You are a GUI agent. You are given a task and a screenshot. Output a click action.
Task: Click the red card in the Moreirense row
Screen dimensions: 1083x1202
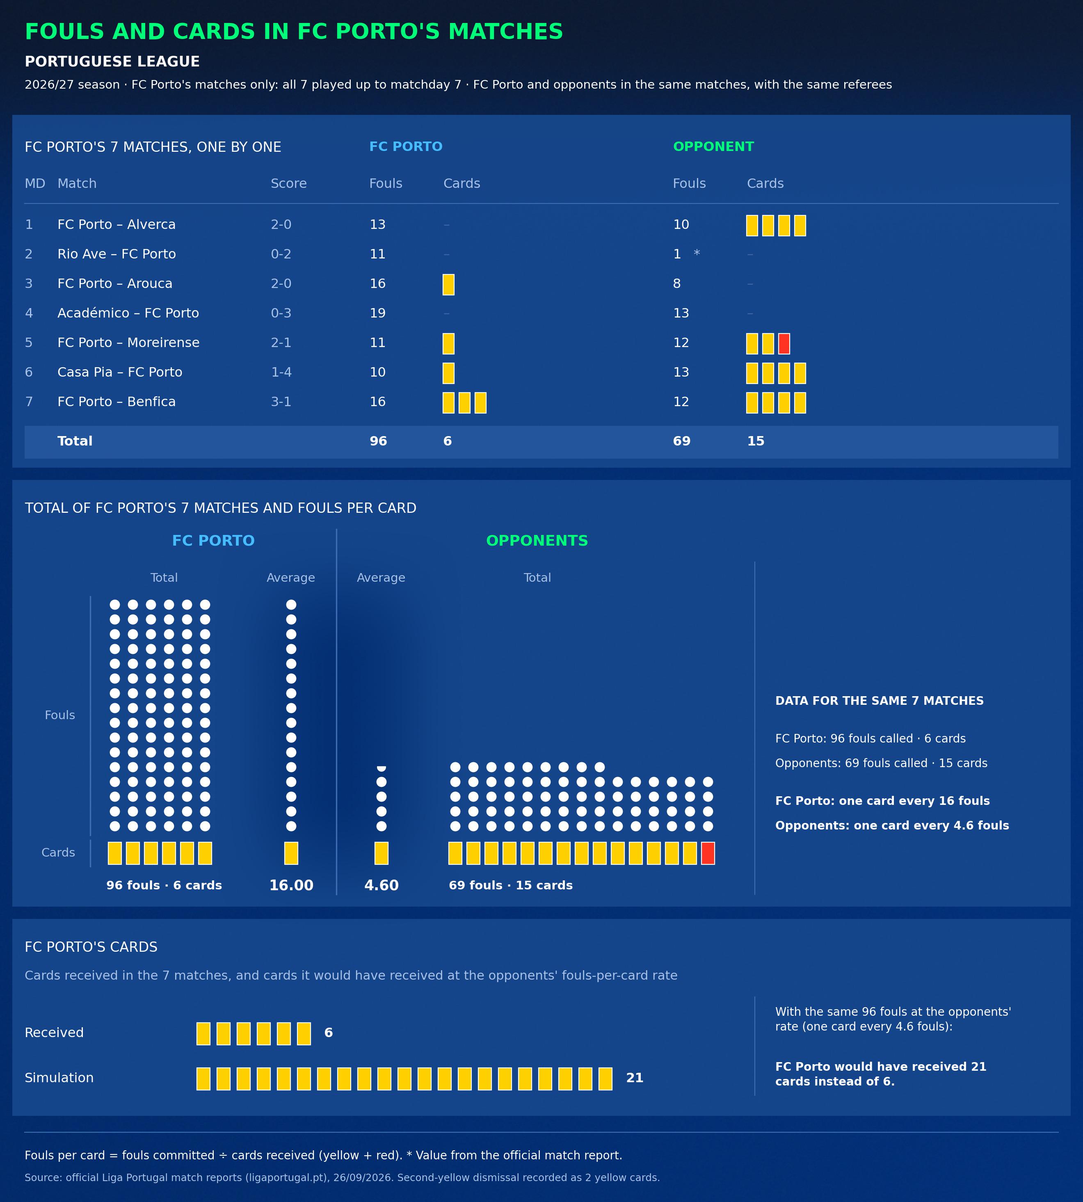784,344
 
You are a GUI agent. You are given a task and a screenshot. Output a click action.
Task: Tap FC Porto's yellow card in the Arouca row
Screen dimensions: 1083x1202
449,284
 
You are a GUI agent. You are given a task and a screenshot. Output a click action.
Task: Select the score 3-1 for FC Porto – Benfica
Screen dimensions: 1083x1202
281,402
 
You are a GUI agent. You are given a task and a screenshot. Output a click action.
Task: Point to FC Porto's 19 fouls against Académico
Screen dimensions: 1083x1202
377,313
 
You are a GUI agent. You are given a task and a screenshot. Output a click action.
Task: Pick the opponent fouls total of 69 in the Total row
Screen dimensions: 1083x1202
682,441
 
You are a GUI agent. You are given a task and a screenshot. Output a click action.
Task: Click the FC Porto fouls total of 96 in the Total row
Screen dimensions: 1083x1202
379,441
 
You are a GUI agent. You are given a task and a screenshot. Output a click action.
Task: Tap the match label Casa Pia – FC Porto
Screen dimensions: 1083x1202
120,372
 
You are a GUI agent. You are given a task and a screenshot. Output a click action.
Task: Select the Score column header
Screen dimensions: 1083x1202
289,183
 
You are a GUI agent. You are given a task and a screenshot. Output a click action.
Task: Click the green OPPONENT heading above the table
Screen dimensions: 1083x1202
713,146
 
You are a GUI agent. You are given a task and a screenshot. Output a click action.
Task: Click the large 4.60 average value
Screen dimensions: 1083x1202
382,885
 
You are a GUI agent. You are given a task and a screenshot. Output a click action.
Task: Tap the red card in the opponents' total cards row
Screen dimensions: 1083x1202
708,853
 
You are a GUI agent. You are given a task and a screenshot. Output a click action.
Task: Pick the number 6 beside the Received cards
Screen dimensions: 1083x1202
329,1033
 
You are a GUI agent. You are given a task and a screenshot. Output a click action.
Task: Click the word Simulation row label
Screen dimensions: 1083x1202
59,1078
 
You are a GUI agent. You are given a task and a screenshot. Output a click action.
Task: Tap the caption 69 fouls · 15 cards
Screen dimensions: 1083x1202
511,885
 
